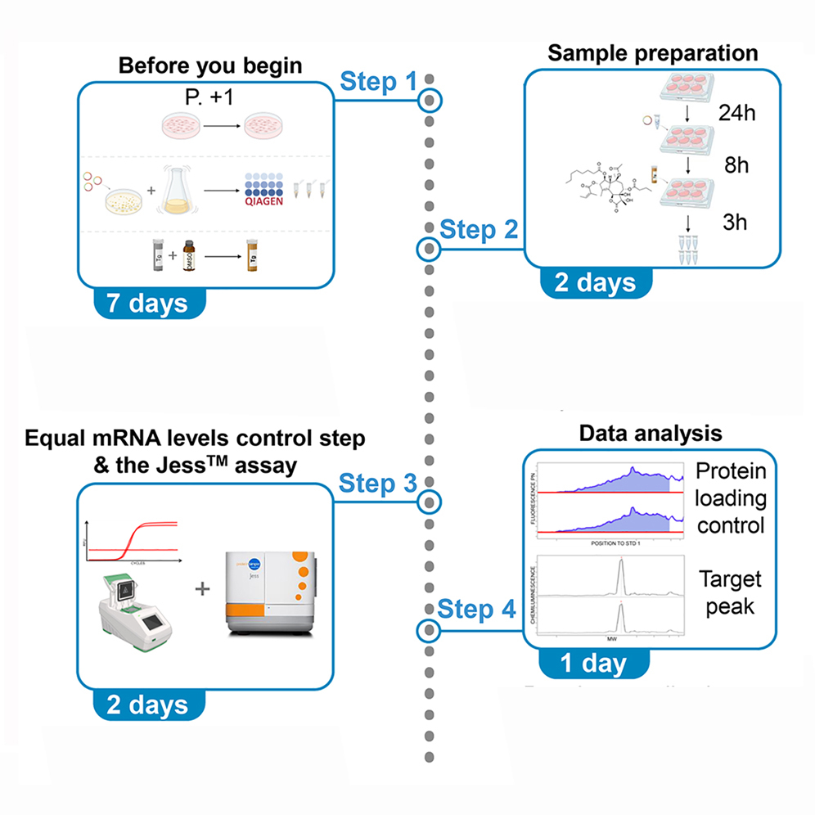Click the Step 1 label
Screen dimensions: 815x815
(378, 81)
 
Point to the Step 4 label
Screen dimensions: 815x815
(477, 610)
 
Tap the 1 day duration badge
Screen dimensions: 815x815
(592, 664)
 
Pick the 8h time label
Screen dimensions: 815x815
(736, 167)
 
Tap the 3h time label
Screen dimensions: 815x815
(736, 223)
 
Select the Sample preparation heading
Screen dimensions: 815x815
(651, 54)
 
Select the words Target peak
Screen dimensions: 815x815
(731, 593)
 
